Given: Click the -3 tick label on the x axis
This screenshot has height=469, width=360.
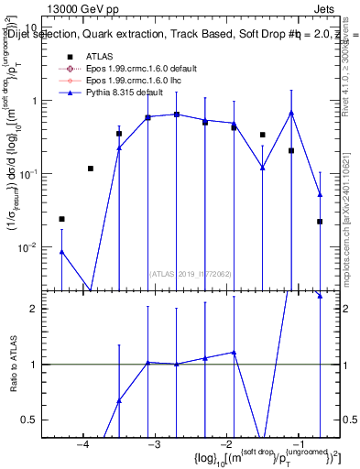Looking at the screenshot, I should coord(155,445).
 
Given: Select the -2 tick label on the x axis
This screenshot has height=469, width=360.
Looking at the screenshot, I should coord(226,445).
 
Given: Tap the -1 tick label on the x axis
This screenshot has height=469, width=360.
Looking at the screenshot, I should coord(298,445).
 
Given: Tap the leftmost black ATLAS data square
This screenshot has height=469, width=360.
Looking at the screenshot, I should coord(62,219).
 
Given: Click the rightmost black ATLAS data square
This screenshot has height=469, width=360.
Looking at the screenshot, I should coord(320,221).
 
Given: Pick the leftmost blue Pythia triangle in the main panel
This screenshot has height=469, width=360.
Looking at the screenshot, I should coord(62,251).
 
